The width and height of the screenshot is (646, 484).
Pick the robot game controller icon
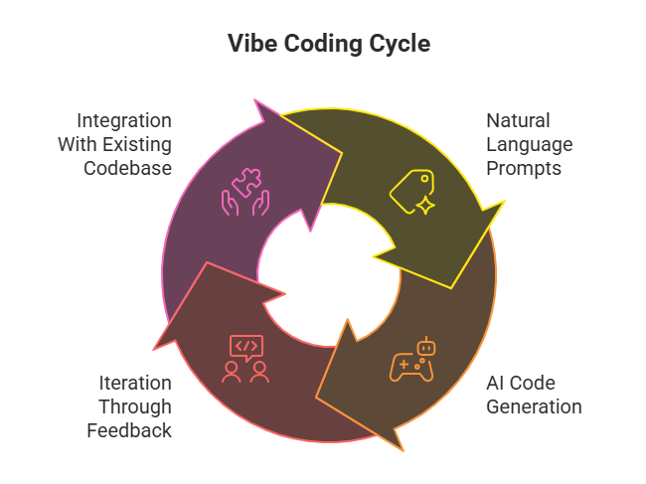point(411,360)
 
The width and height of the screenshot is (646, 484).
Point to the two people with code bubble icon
point(245,359)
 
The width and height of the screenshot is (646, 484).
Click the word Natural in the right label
point(517,120)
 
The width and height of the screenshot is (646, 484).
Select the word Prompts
point(524,168)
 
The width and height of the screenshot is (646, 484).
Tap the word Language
point(530,144)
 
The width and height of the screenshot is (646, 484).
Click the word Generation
point(534,406)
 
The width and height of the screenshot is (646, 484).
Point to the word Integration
point(124,120)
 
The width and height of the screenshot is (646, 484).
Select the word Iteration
point(134,383)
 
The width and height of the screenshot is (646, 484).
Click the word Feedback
point(128,430)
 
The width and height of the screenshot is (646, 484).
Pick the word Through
point(134,406)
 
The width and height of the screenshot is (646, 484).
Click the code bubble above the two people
point(245,347)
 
